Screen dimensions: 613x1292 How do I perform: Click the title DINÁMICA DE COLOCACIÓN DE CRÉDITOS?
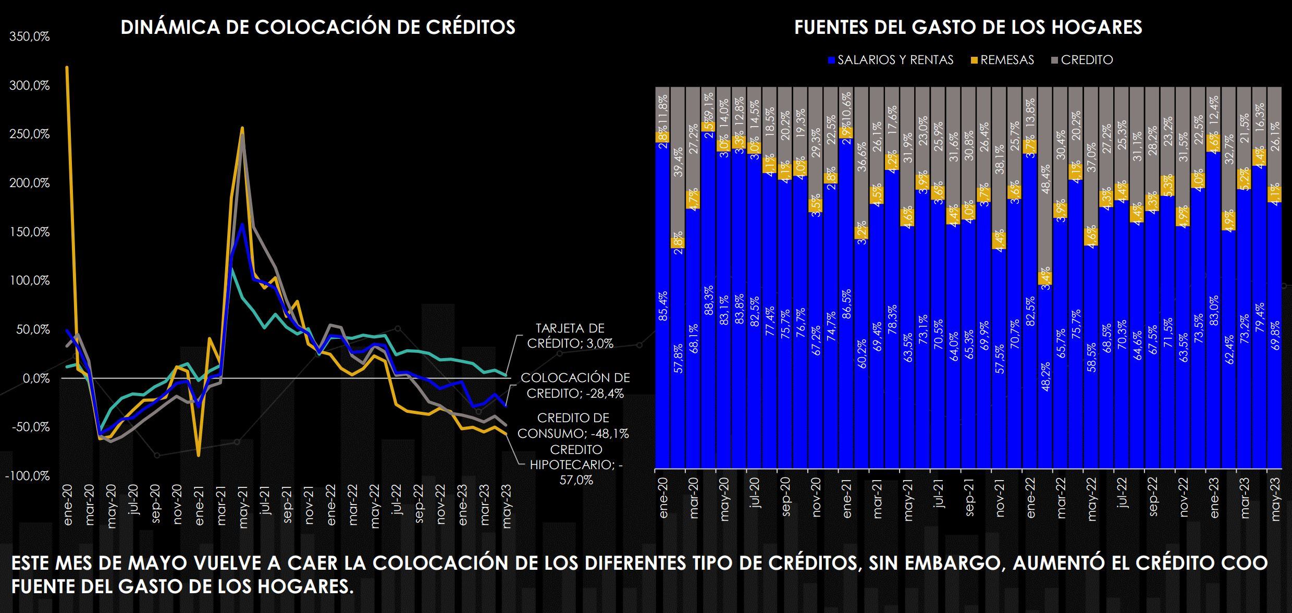click(318, 27)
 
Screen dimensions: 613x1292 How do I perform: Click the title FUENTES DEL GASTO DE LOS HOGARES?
click(968, 27)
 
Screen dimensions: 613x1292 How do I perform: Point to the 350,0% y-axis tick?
click(30, 37)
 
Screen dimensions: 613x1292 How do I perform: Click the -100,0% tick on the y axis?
click(28, 476)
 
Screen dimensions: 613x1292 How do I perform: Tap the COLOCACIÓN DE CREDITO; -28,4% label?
click(575, 386)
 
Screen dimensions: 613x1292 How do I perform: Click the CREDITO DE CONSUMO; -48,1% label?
click(573, 426)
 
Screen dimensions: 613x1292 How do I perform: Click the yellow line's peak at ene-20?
click(67, 67)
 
